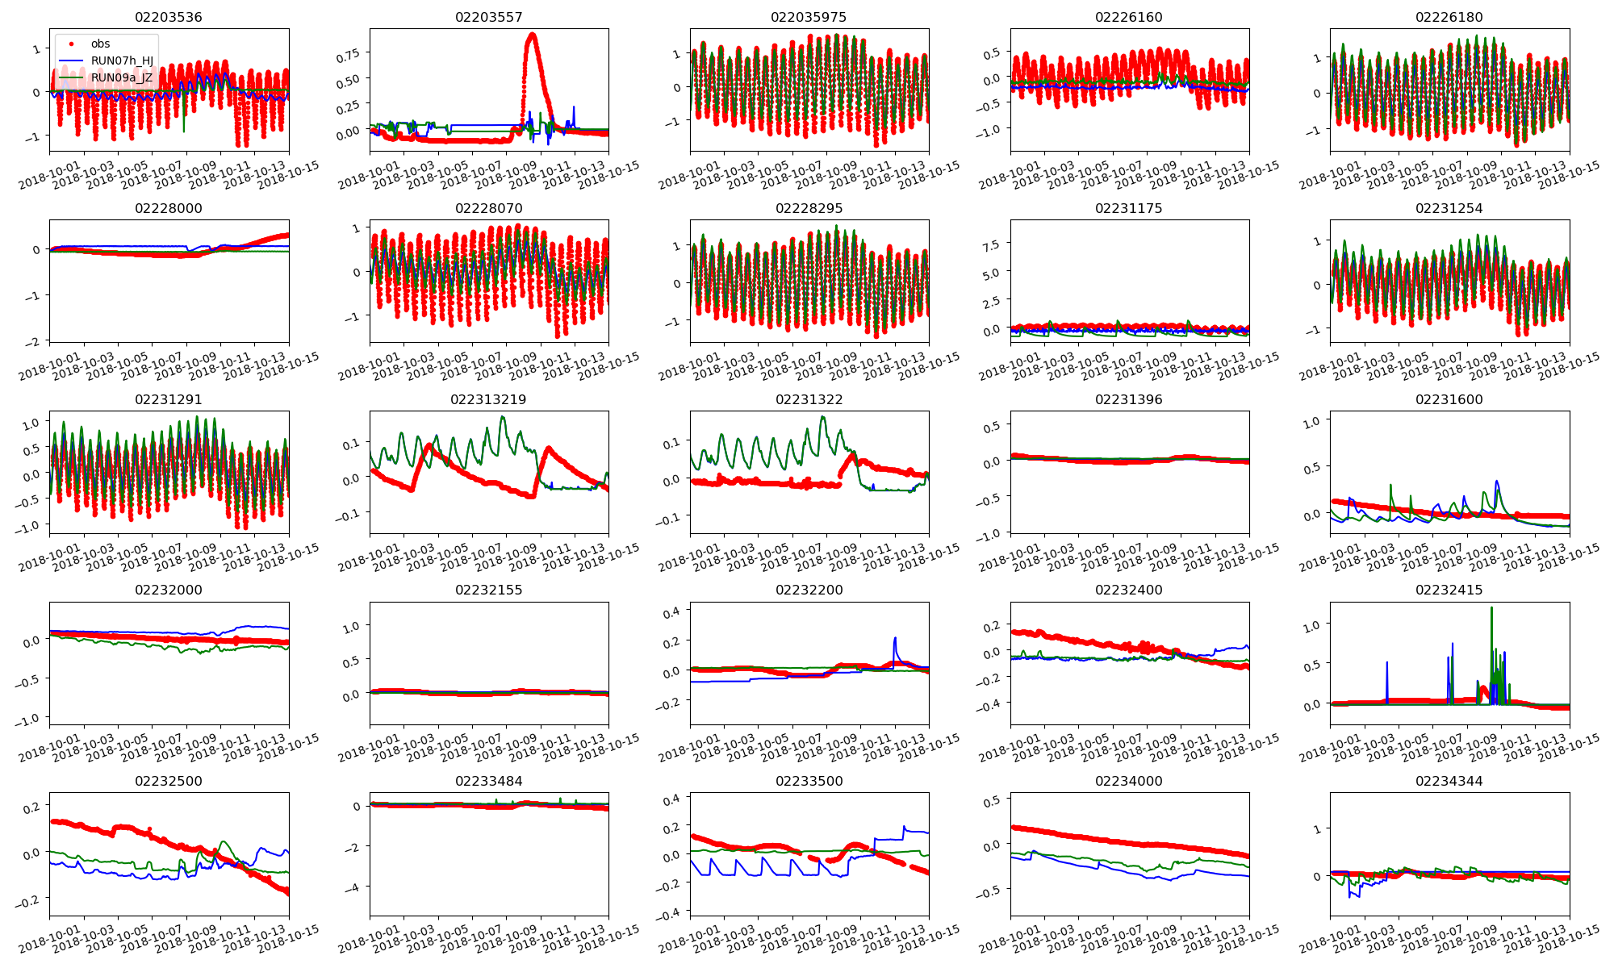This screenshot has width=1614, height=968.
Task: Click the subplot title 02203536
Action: tap(168, 17)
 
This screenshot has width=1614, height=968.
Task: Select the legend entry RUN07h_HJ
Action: tap(122, 60)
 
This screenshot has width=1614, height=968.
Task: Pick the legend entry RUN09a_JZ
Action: tap(121, 77)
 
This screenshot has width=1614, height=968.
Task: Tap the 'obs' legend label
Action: tap(100, 44)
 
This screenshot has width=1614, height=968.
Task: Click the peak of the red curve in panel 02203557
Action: tap(532, 35)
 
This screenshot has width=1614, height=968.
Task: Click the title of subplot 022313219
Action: tap(488, 399)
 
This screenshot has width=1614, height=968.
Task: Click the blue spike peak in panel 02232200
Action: tap(895, 638)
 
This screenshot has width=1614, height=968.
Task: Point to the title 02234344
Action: tap(1449, 781)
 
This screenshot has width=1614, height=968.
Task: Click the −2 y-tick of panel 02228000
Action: tap(32, 341)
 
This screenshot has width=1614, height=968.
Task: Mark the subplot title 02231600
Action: tap(1449, 399)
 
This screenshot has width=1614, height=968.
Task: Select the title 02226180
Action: tap(1449, 17)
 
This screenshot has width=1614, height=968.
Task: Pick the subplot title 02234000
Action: tap(1128, 781)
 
